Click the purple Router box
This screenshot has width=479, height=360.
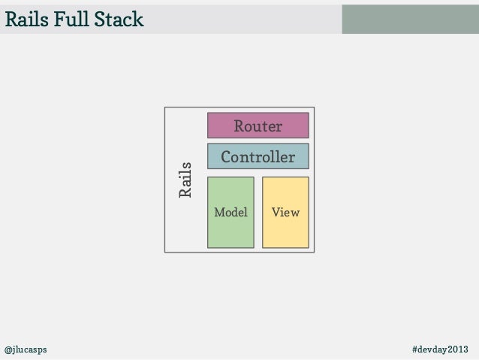click(x=258, y=126)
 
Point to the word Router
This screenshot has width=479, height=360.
click(x=258, y=126)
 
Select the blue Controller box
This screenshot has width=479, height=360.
click(x=258, y=157)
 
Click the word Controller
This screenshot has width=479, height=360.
click(x=258, y=157)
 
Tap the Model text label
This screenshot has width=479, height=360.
click(x=230, y=213)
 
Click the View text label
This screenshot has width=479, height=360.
click(x=285, y=213)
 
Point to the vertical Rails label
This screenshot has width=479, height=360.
click(x=185, y=180)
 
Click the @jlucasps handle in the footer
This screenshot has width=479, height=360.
click(x=26, y=350)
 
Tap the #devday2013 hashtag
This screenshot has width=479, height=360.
click(x=440, y=350)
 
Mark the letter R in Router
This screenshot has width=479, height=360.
click(x=239, y=126)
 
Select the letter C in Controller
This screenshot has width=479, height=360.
click(x=225, y=157)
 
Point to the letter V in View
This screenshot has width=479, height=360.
click(x=276, y=213)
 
